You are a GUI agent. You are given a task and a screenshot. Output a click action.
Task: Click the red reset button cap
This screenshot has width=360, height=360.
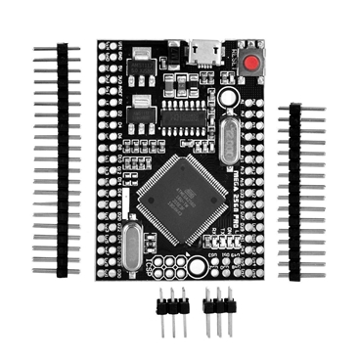pyautogui.click(x=252, y=65)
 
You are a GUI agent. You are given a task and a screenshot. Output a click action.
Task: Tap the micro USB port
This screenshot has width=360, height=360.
pyautogui.click(x=206, y=49)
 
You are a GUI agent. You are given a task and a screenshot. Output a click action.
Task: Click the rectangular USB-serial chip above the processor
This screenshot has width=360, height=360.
pyautogui.click(x=183, y=116)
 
